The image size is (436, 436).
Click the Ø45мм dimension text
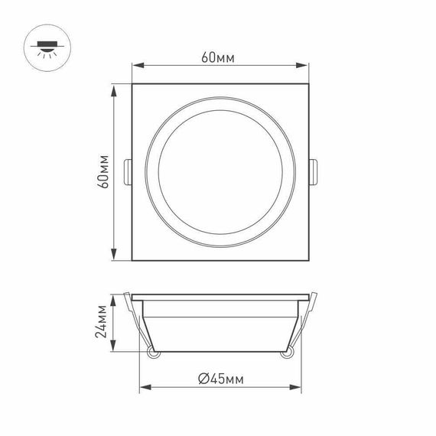[x=220, y=378]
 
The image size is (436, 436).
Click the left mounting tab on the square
[x=127, y=172]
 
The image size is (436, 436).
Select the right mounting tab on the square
[x=314, y=172]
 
